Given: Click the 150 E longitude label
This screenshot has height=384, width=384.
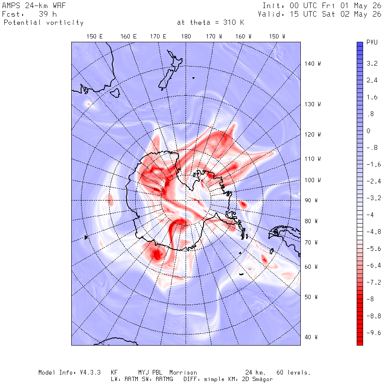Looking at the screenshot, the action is tap(95, 37).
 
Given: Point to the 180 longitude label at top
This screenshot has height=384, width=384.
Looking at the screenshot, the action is tap(186, 37).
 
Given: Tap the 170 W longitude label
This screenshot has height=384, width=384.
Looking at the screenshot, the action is tap(214, 37).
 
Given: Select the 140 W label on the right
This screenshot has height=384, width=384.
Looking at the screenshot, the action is tap(312, 64).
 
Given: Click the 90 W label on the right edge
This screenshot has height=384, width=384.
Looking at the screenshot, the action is tap(311, 201).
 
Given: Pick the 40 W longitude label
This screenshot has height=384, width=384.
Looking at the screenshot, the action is tap(311, 337).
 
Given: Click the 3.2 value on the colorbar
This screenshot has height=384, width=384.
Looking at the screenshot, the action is tap(372, 64).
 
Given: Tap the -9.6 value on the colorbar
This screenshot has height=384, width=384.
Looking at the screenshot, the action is tap(373, 332).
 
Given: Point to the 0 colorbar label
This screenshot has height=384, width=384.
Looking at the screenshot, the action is tap(368, 131).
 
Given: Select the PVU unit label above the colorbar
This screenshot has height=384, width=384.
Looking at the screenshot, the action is tap(372, 42).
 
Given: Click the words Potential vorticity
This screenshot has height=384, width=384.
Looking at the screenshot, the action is tap(44, 23).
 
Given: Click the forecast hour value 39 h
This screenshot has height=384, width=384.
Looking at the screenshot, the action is tap(48, 14).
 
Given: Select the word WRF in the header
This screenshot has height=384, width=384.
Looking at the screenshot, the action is tap(59, 6).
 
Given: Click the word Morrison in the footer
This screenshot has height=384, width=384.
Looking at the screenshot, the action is tap(183, 372).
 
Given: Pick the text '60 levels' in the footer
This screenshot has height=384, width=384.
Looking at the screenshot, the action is tap(293, 372).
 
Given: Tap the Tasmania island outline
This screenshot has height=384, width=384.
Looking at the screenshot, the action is tap(115, 93).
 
